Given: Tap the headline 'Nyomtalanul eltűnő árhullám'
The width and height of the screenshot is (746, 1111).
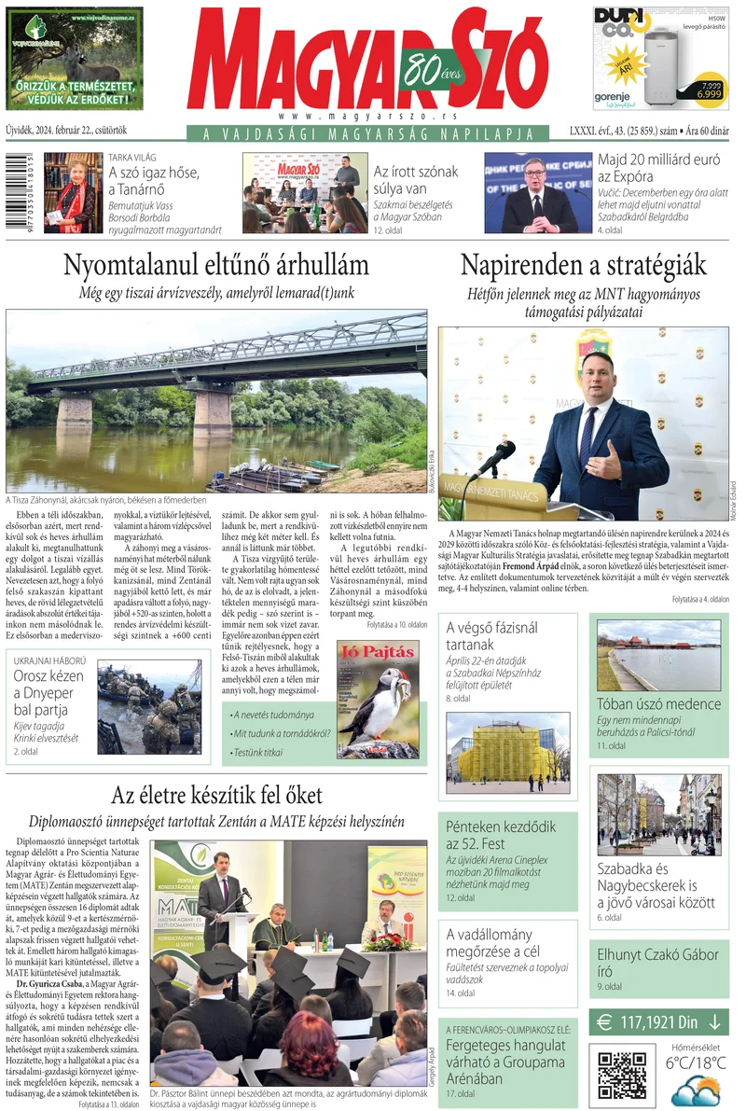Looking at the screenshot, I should [215, 264].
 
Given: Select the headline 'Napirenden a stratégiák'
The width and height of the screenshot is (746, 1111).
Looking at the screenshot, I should [583, 264].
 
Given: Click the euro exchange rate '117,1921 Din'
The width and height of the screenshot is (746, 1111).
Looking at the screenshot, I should [658, 1021].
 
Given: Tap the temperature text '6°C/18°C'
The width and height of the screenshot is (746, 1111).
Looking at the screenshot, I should [697, 1062].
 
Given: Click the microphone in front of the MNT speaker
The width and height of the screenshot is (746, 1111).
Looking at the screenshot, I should [495, 458].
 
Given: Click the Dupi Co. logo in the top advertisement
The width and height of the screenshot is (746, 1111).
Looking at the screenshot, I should [625, 22].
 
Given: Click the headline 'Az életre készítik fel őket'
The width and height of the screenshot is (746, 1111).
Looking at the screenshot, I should [216, 796].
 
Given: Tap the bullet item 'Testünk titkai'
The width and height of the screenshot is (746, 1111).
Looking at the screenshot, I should [260, 752].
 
